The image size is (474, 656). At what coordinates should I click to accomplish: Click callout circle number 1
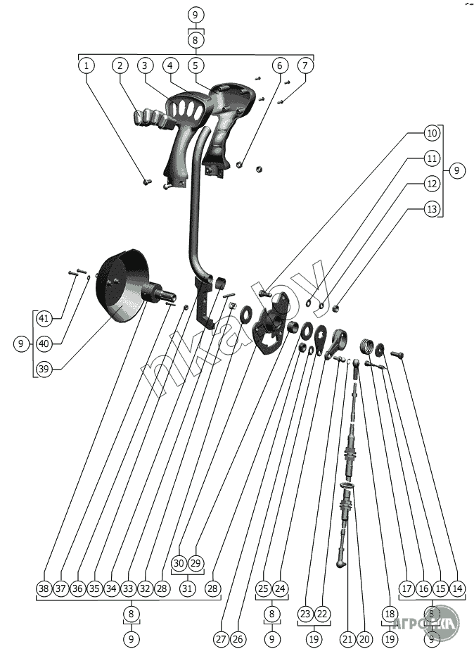pyautogui.click(x=87, y=65)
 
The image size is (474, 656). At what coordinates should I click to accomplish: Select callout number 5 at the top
pyautogui.click(x=196, y=65)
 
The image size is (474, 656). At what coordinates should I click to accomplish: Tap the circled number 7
pyautogui.click(x=305, y=65)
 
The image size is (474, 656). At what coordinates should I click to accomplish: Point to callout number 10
pyautogui.click(x=431, y=133)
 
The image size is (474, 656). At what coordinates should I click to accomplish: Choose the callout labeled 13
pyautogui.click(x=431, y=209)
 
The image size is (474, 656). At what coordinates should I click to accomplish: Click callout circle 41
pyautogui.click(x=44, y=319)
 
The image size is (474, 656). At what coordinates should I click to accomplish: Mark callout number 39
pyautogui.click(x=44, y=368)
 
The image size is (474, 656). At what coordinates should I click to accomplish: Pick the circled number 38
pyautogui.click(x=44, y=588)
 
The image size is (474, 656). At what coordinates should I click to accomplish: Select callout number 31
pyautogui.click(x=187, y=588)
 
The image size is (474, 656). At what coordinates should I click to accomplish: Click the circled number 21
pyautogui.click(x=347, y=639)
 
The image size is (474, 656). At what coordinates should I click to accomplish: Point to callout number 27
pyautogui.click(x=221, y=639)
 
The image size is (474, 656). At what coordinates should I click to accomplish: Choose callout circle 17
pyautogui.click(x=406, y=588)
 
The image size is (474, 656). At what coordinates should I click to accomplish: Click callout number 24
pyautogui.click(x=280, y=588)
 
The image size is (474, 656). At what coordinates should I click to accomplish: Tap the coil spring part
pyautogui.click(x=366, y=346)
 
